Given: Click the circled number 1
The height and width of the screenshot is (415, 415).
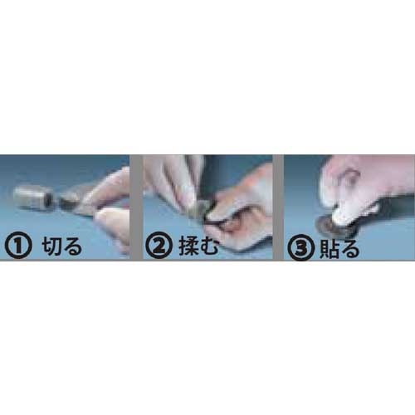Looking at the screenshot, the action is point(18,247).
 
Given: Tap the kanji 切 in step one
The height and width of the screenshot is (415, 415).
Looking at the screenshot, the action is point(52,246).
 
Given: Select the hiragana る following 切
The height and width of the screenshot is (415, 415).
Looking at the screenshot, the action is point(73,247).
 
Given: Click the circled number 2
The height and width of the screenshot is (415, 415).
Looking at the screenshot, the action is point(159,247).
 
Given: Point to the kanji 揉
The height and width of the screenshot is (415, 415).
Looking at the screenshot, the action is point(190,247).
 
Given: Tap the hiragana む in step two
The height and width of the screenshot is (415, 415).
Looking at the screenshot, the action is point(210,247).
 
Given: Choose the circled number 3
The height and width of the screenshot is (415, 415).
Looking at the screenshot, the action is point(301,247).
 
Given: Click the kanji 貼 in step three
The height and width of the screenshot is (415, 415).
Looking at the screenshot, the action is point(330,248).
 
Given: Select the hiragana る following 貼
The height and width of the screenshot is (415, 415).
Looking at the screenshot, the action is point(350,248).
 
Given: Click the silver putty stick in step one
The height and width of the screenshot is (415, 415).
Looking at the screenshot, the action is point(33,198).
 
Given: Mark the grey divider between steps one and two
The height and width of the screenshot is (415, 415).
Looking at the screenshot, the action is point(136,207).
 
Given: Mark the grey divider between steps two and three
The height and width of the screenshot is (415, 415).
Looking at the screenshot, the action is point(278,207).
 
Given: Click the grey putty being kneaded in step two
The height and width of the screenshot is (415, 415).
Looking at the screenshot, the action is point(200,208).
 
